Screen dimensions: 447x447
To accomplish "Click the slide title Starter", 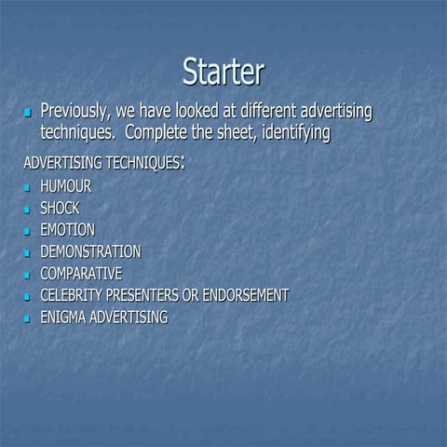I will [x=223, y=72].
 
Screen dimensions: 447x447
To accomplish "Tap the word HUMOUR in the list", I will [x=65, y=186].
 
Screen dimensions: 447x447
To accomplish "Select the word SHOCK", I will [x=60, y=208].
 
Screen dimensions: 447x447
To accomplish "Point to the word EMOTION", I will [x=67, y=229].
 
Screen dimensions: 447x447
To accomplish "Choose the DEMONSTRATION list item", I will [x=90, y=251].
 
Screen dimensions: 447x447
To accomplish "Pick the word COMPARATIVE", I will [x=80, y=274].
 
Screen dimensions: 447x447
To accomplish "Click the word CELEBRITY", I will [x=71, y=295].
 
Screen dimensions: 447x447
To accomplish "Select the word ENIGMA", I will [x=61, y=318].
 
